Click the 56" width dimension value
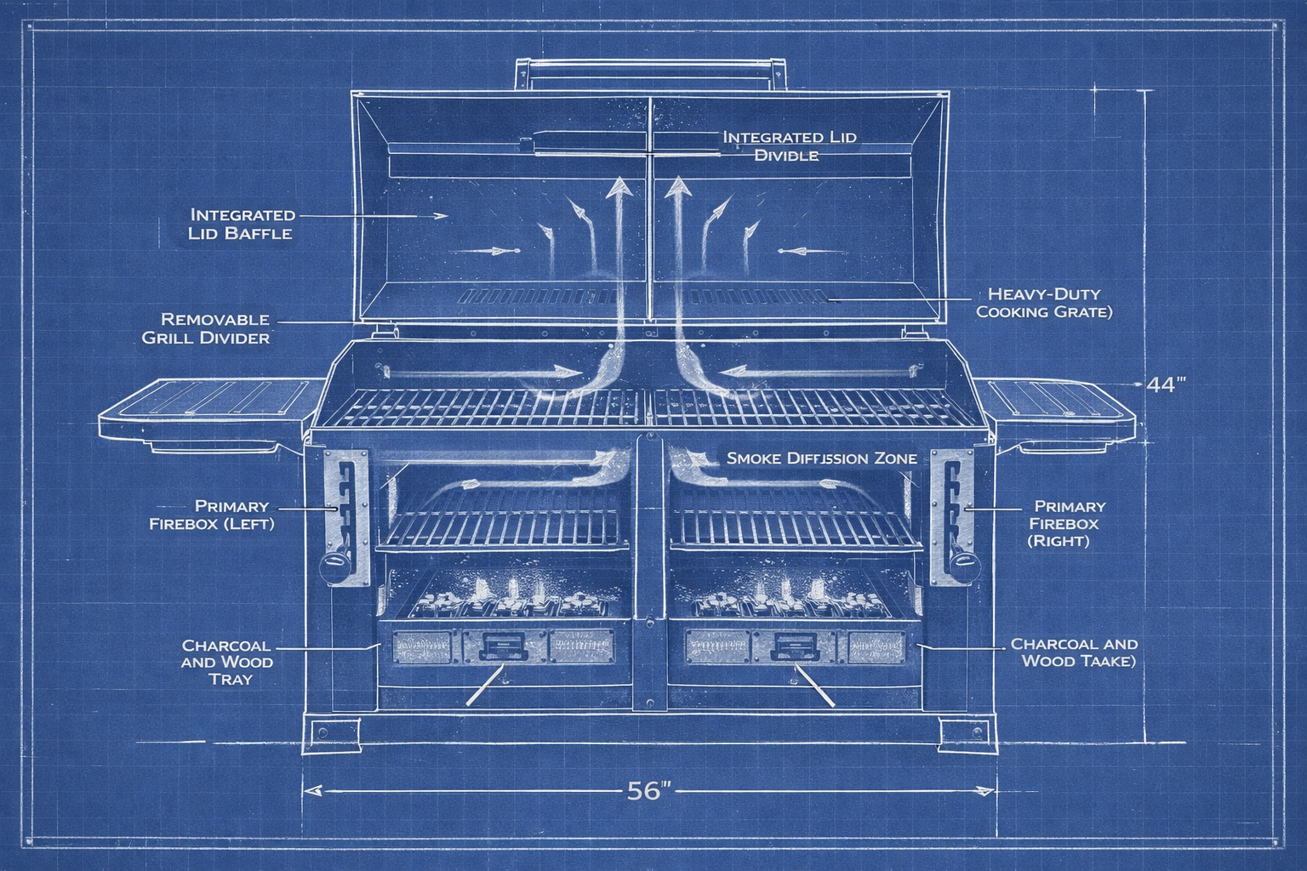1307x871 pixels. click(648, 791)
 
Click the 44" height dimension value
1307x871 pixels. click(1165, 384)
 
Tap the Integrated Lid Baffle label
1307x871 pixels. click(243, 224)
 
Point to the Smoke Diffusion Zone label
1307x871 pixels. click(821, 458)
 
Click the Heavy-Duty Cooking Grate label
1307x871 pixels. click(1044, 303)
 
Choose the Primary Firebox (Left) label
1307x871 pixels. click(212, 515)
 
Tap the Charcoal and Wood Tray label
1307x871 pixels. click(228, 662)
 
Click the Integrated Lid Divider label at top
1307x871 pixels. click(789, 145)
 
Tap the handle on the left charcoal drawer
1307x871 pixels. click(505, 648)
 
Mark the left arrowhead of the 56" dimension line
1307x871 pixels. click(311, 791)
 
